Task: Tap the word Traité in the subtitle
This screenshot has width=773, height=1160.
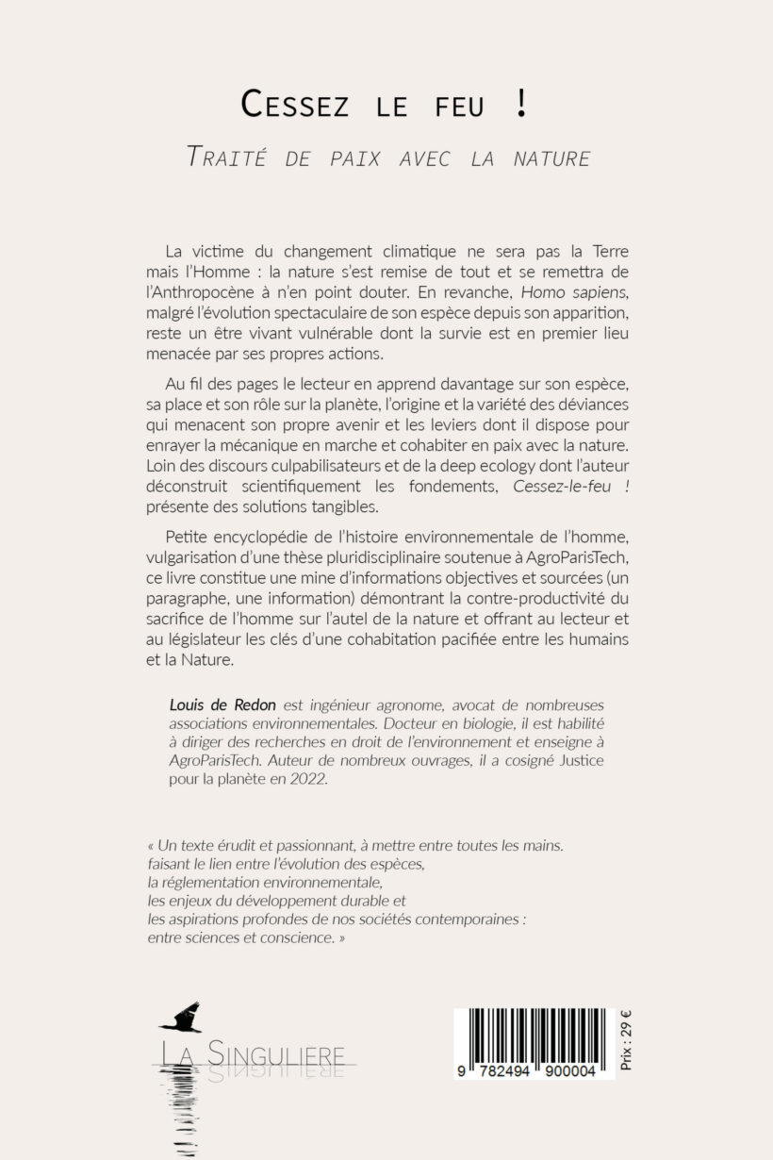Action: coord(223,157)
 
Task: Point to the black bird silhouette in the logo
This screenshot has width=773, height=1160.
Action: coord(181,1018)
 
